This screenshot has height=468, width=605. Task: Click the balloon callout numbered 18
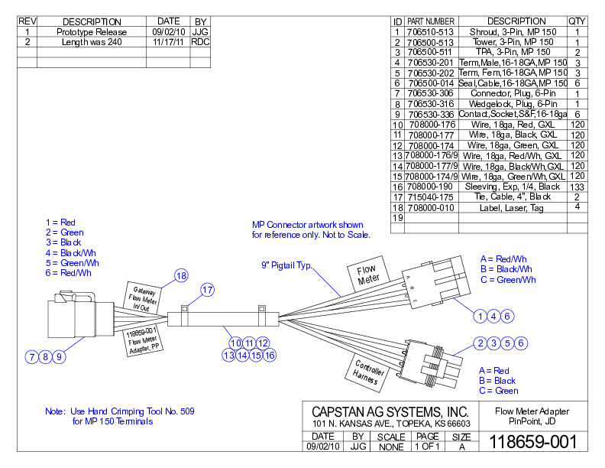(180, 276)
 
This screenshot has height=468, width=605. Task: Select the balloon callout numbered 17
(208, 289)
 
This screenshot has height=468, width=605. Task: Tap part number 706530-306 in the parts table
(430, 93)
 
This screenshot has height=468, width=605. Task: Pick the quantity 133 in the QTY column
(577, 187)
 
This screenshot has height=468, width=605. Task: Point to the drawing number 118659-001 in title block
(533, 441)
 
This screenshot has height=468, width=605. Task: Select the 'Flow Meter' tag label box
(369, 275)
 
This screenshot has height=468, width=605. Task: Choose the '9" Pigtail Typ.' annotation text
(287, 266)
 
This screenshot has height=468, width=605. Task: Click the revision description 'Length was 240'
(92, 42)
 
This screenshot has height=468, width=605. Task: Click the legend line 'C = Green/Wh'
(508, 280)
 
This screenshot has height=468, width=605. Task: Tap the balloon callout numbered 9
(60, 356)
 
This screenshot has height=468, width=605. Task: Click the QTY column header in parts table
(577, 21)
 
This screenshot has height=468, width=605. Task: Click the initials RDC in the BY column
(200, 42)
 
